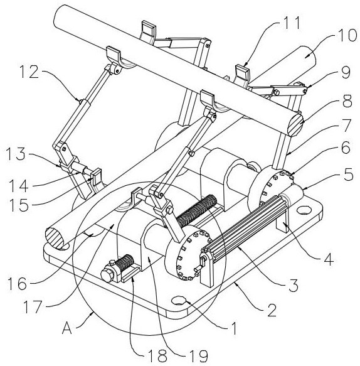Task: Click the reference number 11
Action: [291, 23]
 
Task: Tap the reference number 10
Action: [346, 36]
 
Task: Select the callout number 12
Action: [29, 72]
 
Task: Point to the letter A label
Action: [67, 328]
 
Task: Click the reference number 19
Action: [198, 356]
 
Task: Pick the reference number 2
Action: [272, 311]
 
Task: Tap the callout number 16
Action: [18, 284]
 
